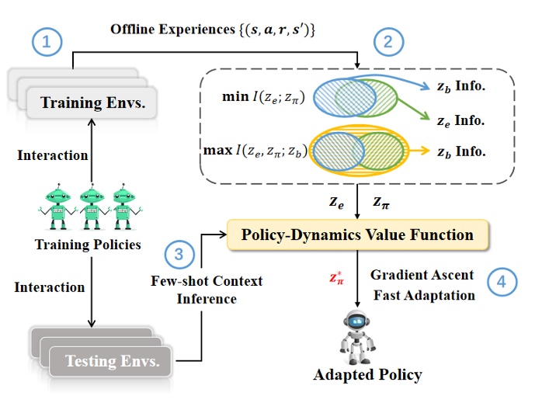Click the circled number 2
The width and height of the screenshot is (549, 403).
pos(388,43)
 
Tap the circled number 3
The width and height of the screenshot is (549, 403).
pos(179,253)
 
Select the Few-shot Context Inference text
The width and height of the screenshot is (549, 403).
pos(207,288)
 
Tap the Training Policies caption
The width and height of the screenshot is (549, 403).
pos(88,245)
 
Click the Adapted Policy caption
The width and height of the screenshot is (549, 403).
pos(367,375)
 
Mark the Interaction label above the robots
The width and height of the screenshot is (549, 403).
pos(53,155)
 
